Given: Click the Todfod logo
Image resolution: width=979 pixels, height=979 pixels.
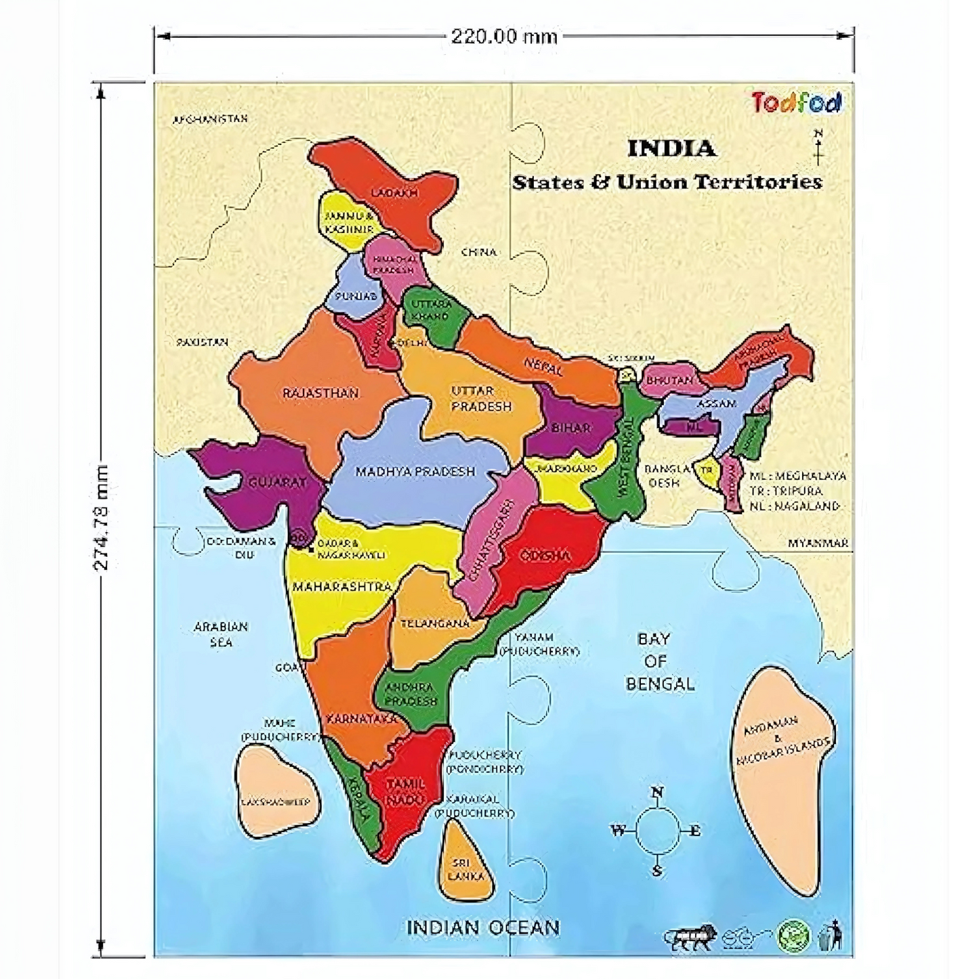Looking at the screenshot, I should point(797,102).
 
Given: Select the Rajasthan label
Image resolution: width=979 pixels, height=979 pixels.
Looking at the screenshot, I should point(320,393).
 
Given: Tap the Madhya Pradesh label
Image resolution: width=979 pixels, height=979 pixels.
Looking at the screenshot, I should point(415,472).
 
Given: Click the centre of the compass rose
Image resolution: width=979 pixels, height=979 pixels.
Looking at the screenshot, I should point(657,831).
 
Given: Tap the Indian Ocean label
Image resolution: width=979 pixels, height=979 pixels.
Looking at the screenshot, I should point(482,927).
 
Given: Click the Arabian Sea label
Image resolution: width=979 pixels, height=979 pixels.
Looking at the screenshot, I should point(221,634).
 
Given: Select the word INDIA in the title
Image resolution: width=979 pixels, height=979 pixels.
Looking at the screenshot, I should point(671,148).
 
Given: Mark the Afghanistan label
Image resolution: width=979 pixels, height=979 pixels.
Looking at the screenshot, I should point(211,119).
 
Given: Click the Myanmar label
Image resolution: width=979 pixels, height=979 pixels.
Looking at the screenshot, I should point(818,543).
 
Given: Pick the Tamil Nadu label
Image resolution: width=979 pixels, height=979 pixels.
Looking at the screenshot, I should point(405,791).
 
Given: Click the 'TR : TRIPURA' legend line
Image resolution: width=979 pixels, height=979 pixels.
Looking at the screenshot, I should point(786,491).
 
